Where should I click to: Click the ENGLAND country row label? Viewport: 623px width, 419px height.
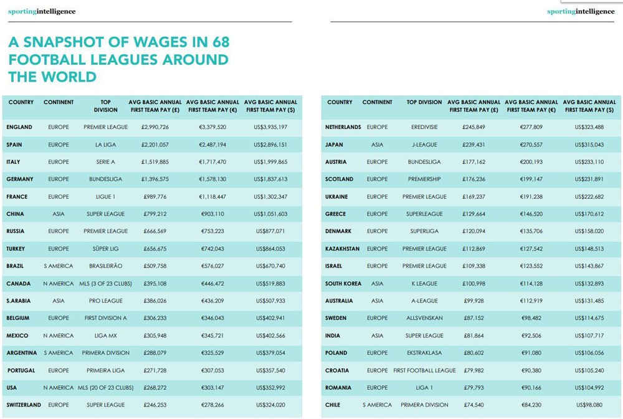[x=19, y=127]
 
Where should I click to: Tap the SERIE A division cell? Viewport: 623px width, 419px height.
[x=105, y=162]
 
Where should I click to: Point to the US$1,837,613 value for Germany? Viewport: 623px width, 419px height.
[x=270, y=179]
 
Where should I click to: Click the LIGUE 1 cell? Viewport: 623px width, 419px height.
[x=105, y=196]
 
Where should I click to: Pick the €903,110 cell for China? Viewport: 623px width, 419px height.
[x=212, y=214]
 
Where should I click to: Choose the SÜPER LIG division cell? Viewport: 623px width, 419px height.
[x=105, y=249]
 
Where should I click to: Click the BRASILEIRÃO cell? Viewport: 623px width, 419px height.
[x=105, y=266]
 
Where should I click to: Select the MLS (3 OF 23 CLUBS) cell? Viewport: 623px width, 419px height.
[x=105, y=284]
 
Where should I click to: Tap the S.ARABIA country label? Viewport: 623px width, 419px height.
[x=18, y=301]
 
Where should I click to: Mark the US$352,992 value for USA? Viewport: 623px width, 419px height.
[x=270, y=388]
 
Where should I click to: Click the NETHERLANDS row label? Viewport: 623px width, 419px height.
[x=343, y=127]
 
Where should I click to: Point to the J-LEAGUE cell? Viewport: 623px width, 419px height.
[x=424, y=145]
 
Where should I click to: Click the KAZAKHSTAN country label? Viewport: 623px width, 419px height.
[x=342, y=249]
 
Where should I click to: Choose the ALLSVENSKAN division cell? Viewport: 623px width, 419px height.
[x=424, y=318]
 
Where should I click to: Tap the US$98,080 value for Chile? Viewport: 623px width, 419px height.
[x=589, y=405]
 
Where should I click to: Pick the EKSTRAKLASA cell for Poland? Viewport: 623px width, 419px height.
[x=424, y=353]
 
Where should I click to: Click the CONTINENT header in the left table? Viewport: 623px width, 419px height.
[x=59, y=102]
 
